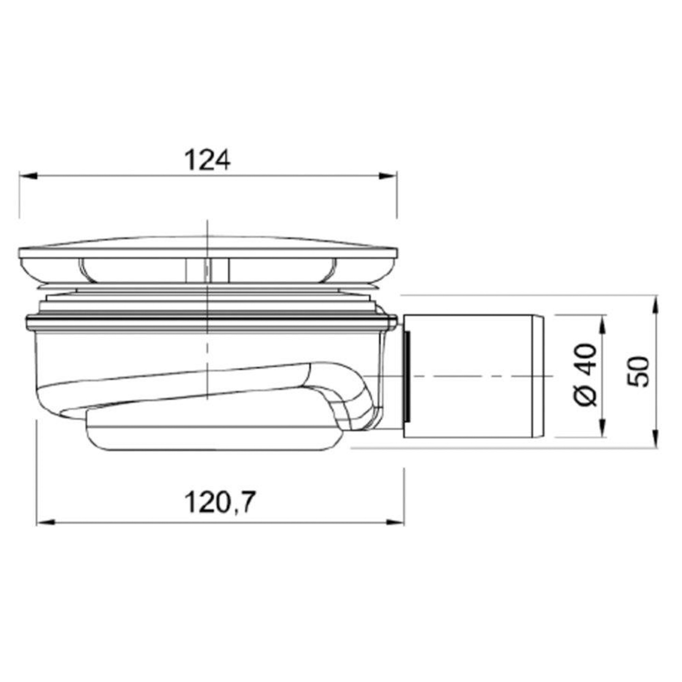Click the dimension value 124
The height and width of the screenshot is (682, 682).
coord(208,160)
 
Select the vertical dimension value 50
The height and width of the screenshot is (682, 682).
coord(639,372)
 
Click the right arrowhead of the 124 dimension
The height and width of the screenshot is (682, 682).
coord(388,175)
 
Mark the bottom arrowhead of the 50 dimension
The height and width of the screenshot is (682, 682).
coord(655,439)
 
